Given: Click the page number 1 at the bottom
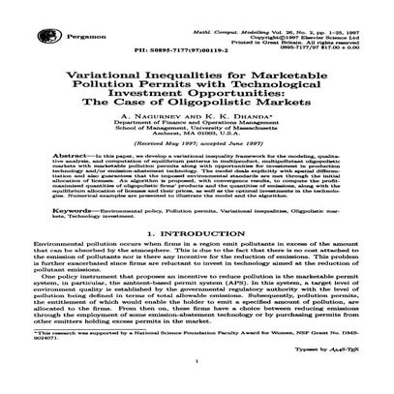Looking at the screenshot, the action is [197, 385].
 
